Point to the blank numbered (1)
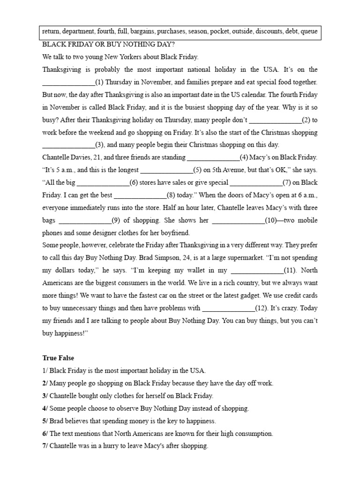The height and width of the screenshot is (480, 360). pyautogui.click(x=68, y=82)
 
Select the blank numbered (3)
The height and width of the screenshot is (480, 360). pyautogui.click(x=68, y=145)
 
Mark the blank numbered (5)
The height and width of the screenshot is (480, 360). pyautogui.click(x=167, y=170)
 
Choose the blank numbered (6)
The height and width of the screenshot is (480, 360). pyautogui.click(x=103, y=183)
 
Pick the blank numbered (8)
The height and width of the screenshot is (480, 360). pyautogui.click(x=140, y=195)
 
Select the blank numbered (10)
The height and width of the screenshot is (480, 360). pyautogui.click(x=239, y=220)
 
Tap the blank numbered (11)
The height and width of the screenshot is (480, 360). pyautogui.click(x=257, y=270)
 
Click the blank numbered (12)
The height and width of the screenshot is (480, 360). pyautogui.click(x=228, y=308)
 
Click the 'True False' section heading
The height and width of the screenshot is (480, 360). pyautogui.click(x=58, y=358)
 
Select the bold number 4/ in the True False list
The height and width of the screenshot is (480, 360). pyautogui.click(x=45, y=409)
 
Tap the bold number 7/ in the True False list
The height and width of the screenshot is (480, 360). pyautogui.click(x=45, y=447)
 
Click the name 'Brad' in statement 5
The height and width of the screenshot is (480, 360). pyautogui.click(x=56, y=421)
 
